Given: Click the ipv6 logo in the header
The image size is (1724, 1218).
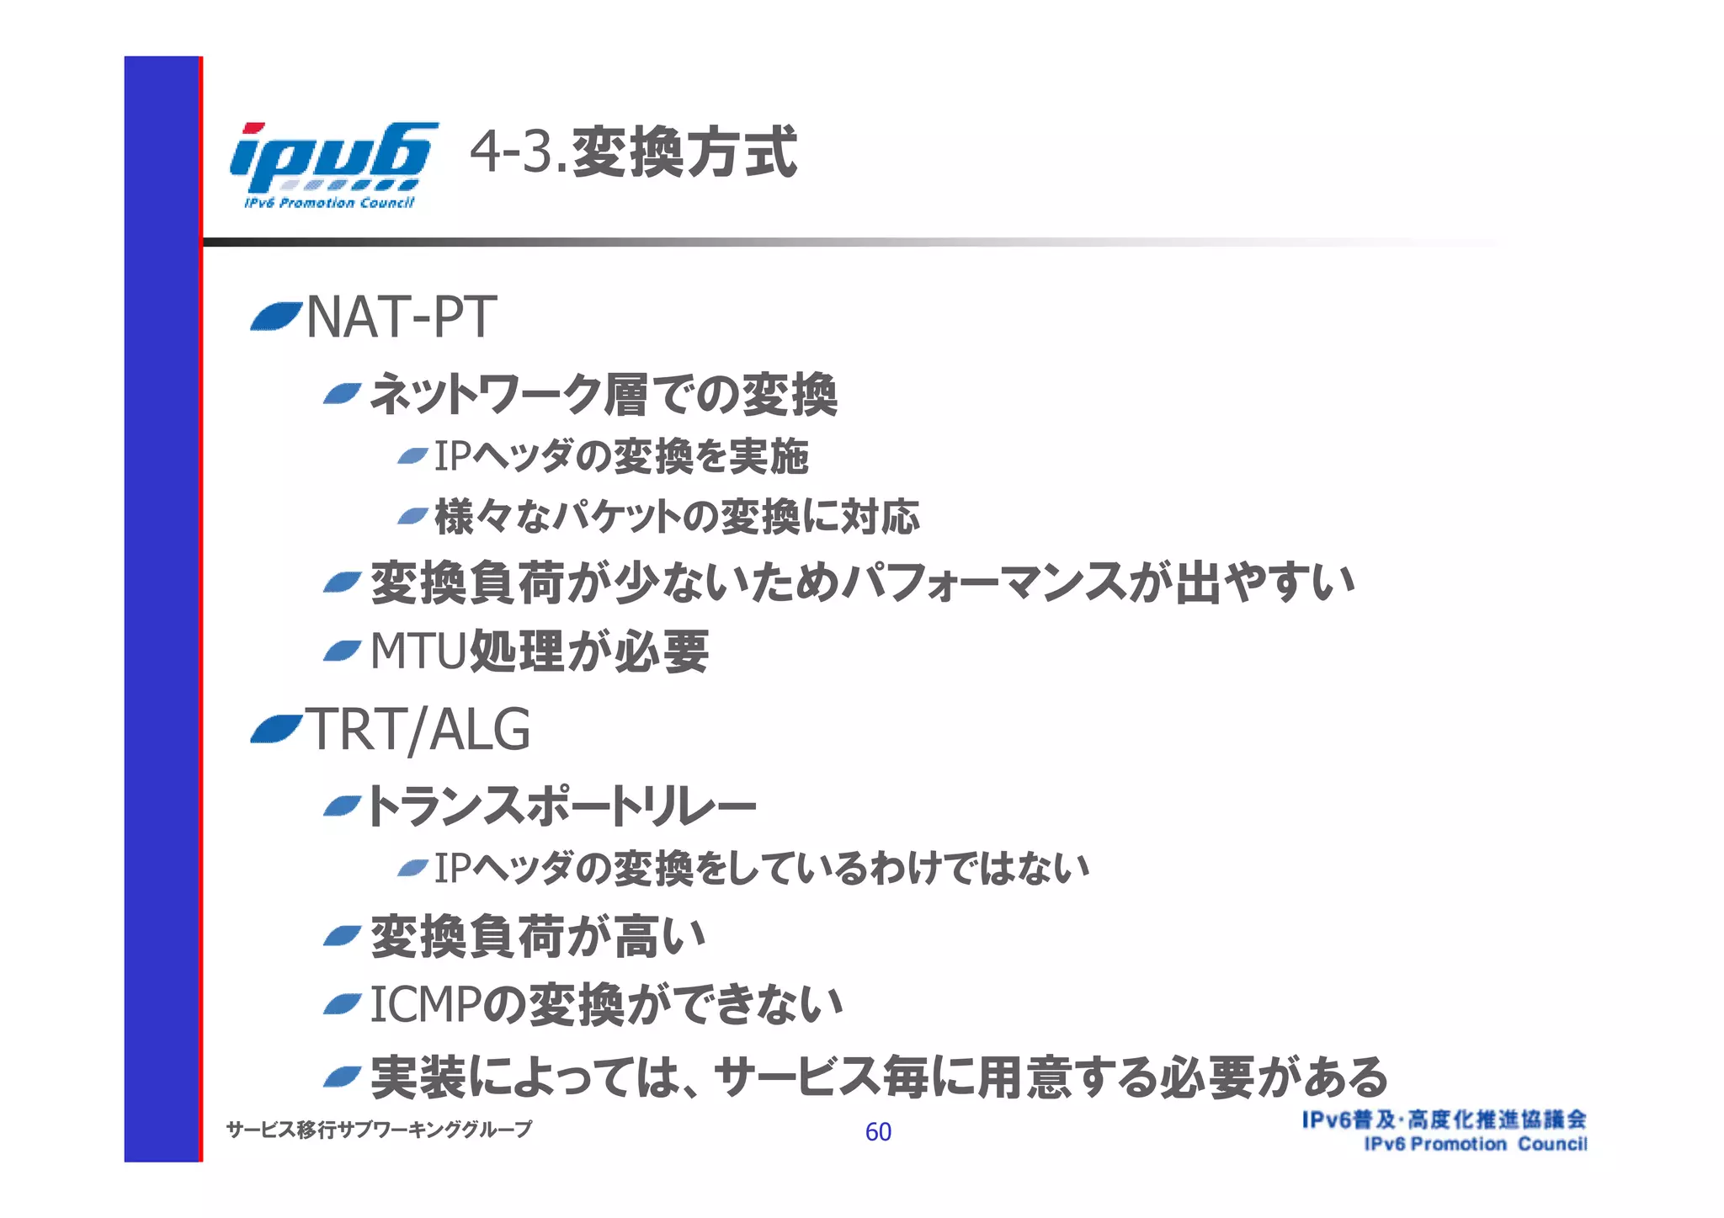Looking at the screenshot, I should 333,163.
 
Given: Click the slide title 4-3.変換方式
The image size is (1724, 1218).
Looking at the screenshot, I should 632,152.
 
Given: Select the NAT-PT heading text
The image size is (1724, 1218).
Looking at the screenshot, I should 401,318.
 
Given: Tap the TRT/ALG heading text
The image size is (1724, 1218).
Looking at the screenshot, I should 418,730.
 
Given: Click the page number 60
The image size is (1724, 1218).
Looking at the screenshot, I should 878,1131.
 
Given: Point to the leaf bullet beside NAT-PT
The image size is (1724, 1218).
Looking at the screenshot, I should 275,316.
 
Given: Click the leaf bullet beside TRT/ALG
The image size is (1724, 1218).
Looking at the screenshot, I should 275,729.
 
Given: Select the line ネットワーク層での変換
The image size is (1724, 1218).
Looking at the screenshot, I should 603,394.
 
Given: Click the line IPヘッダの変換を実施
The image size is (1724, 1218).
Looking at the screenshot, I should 621,456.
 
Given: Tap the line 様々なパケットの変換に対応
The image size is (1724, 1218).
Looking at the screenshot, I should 677,517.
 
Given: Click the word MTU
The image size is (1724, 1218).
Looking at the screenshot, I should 418,652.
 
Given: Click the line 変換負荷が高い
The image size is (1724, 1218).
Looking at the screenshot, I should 537,937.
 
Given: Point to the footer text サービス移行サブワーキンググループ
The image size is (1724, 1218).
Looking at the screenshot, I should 379,1130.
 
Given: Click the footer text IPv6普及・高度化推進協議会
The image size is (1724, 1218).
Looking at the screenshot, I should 1444,1120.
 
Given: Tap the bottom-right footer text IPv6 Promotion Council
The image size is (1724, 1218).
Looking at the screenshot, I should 1475,1144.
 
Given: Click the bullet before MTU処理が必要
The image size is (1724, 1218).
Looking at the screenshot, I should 342,651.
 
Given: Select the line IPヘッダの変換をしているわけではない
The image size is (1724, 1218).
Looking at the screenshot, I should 761,868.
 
